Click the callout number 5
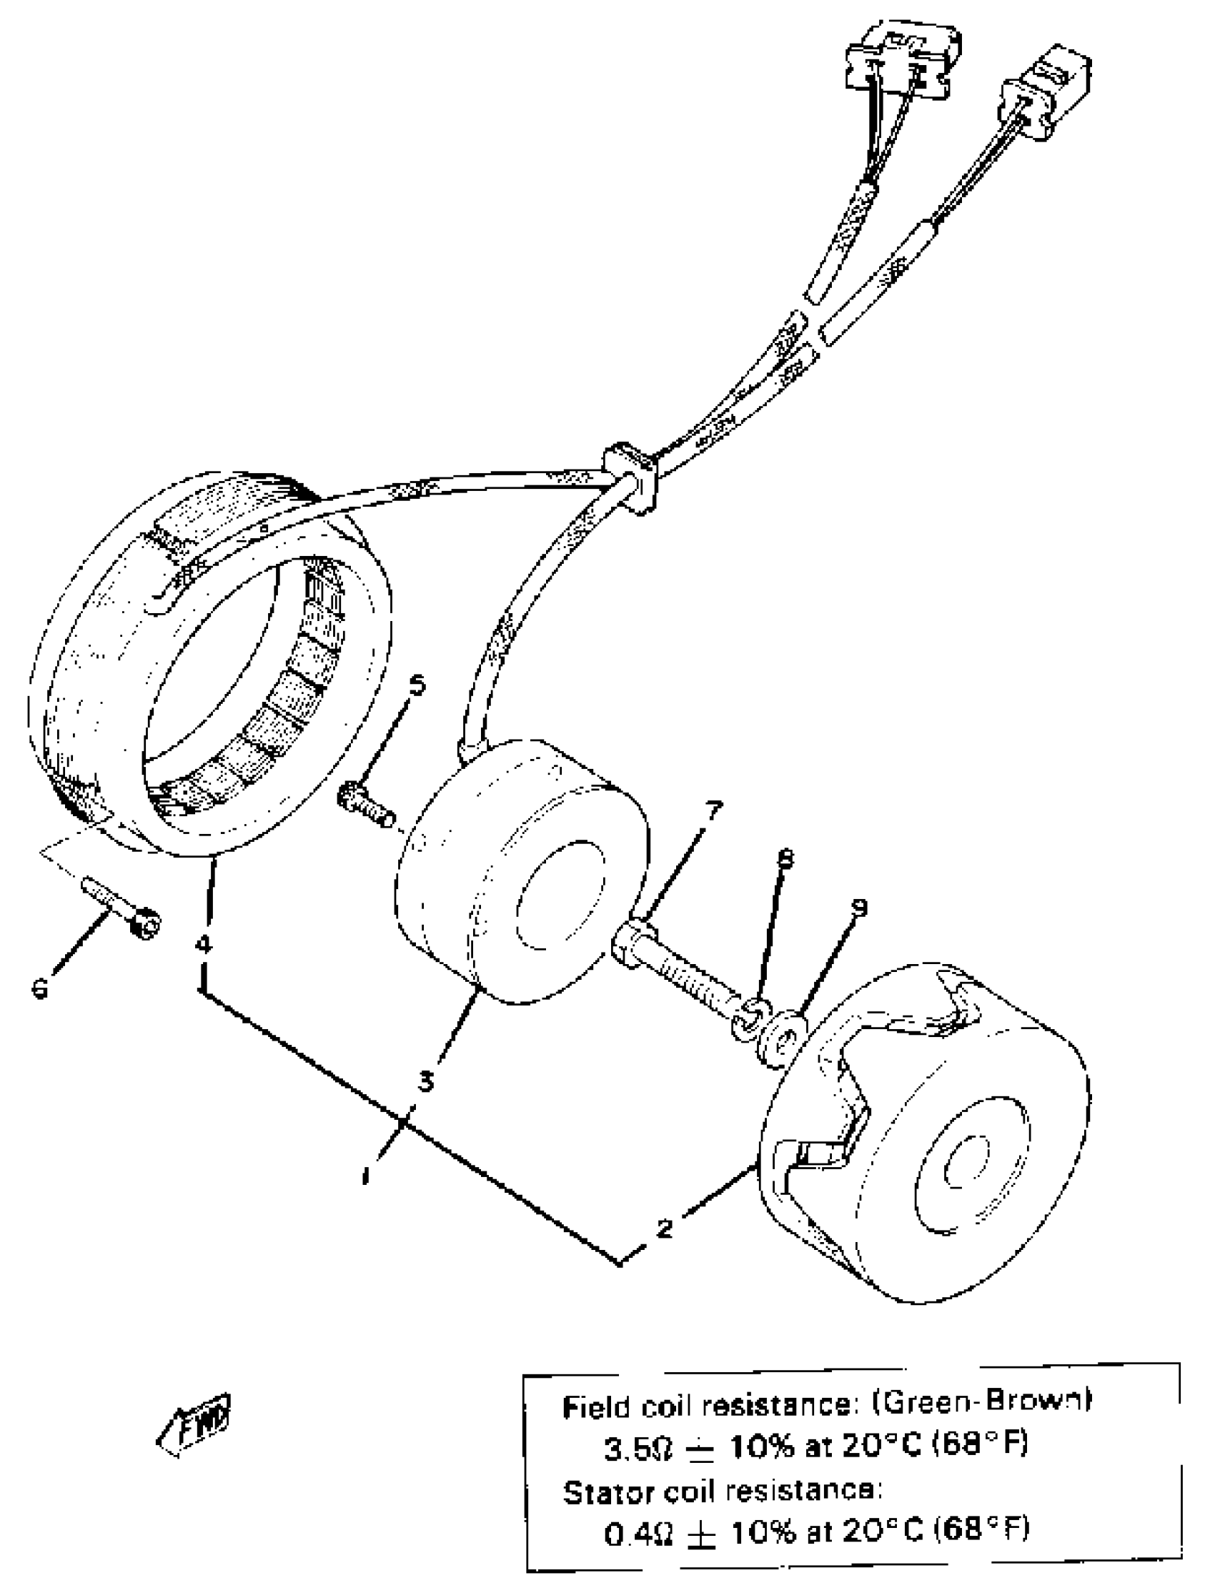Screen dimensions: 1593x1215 (x=417, y=685)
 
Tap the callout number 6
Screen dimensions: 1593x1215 (x=41, y=988)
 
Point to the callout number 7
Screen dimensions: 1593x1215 (x=713, y=810)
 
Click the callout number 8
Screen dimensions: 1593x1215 (x=785, y=858)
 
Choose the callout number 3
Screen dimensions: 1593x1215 (x=426, y=1082)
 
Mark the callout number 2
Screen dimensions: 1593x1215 (x=664, y=1228)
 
